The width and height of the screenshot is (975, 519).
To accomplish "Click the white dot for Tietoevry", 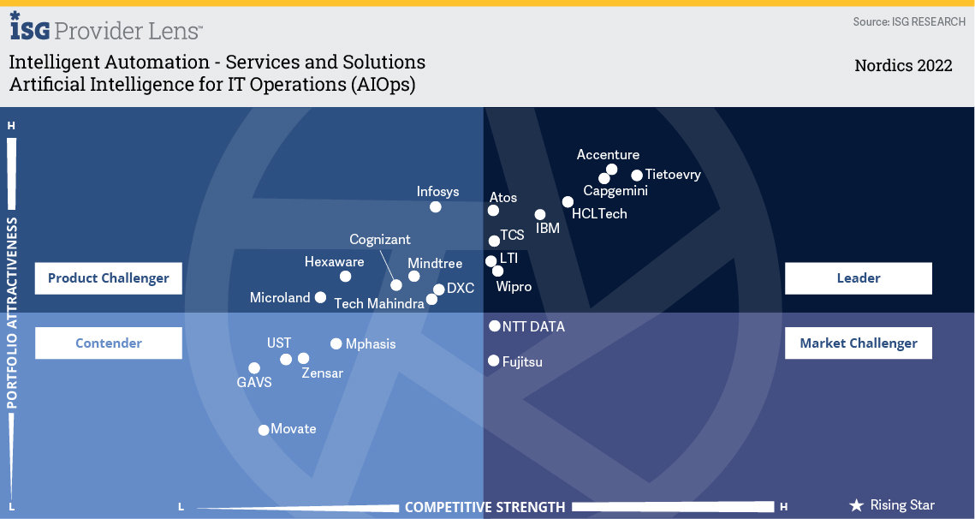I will tap(637, 176).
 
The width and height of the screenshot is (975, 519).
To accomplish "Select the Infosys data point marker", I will tap(436, 206).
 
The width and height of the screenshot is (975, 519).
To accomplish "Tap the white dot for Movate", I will tap(264, 430).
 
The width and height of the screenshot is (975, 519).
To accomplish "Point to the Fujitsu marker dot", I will tap(494, 361).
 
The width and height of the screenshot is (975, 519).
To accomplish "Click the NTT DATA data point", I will tap(495, 326).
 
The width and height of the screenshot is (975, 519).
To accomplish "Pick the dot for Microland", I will tap(320, 298).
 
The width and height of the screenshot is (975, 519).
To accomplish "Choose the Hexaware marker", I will tap(345, 277).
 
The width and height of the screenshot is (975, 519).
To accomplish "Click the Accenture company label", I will tap(608, 155).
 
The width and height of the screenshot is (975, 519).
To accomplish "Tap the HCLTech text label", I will tap(599, 214).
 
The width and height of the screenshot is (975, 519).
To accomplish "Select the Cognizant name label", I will tap(380, 240).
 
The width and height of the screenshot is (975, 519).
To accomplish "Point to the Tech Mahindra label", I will tap(379, 303).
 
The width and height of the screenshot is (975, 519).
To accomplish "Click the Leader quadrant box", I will tap(858, 278).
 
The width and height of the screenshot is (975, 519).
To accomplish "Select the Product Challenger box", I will tap(109, 278).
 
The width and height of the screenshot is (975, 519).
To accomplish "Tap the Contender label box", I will tap(109, 343).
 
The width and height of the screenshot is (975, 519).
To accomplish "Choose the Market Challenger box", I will tap(858, 343).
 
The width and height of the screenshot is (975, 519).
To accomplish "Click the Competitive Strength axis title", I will tap(485, 507).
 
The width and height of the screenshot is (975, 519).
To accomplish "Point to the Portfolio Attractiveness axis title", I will tap(13, 313).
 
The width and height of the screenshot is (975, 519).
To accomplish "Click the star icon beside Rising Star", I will tap(856, 505).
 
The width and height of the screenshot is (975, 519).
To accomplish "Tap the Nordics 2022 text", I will tap(903, 66).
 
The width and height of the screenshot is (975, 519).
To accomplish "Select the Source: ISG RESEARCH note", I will tap(909, 21).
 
